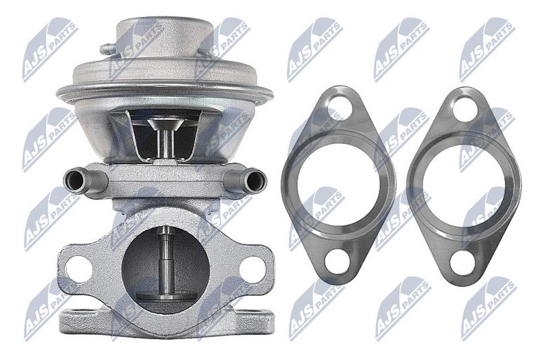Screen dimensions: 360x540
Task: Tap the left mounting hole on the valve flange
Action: click(x=79, y=269)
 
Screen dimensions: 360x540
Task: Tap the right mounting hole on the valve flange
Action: click(x=251, y=268)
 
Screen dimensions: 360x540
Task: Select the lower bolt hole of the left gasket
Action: click(x=337, y=259)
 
